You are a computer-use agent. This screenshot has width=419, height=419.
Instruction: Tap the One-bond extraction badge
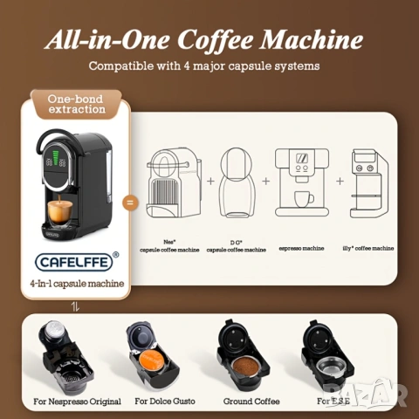(x=76, y=104)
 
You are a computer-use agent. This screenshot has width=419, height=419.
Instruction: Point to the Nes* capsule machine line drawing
(x=175, y=182)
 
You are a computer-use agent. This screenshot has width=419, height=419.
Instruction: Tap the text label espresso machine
(x=302, y=248)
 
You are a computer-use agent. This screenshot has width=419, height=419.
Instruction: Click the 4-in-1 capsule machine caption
(x=76, y=283)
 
